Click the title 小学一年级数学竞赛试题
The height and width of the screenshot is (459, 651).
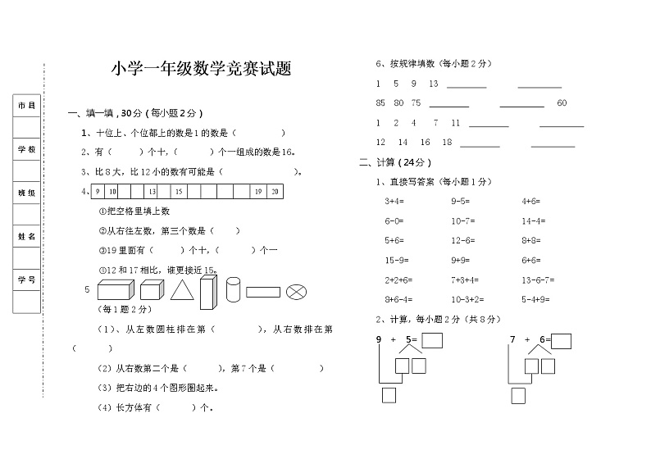pyautogui.click(x=201, y=70)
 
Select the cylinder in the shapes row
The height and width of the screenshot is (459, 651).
pyautogui.click(x=233, y=289)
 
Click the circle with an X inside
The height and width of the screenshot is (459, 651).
pyautogui.click(x=297, y=291)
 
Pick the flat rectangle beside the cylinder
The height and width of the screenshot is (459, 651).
pyautogui.click(x=262, y=291)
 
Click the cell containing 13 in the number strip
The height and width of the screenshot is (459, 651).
pyautogui.click(x=153, y=191)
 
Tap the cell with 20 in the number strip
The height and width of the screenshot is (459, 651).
pyautogui.click(x=275, y=191)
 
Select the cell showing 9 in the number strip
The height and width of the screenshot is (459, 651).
pyautogui.click(x=98, y=191)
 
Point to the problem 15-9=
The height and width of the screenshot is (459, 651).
pyautogui.click(x=397, y=260)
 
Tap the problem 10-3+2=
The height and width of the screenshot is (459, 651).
pyautogui.click(x=468, y=299)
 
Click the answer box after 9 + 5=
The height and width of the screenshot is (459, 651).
pyautogui.click(x=431, y=340)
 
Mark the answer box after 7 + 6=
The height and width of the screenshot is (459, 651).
pyautogui.click(x=561, y=340)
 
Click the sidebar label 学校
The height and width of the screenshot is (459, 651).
pyautogui.click(x=26, y=149)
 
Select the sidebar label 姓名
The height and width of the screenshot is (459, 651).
pyautogui.click(x=26, y=236)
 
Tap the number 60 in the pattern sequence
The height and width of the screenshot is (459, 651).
pyautogui.click(x=562, y=103)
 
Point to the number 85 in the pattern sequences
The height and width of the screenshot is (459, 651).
pyautogui.click(x=380, y=103)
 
